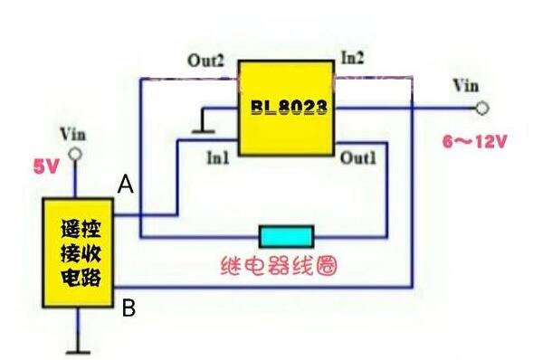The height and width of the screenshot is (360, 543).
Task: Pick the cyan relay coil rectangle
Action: pyautogui.click(x=286, y=237)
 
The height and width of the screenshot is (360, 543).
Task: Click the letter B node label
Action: pyautogui.click(x=129, y=308)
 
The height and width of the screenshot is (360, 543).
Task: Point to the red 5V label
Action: pyautogui.click(x=46, y=166)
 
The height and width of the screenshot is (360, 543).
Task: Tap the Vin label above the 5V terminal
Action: pyautogui.click(x=73, y=133)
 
